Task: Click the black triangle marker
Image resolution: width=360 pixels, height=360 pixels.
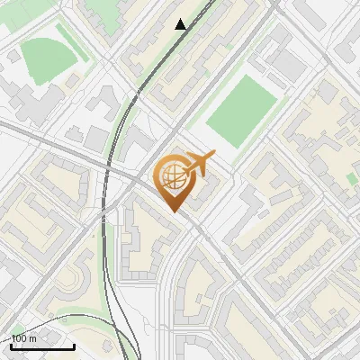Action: click(x=181, y=24)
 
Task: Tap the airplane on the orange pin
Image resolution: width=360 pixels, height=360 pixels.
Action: click(x=199, y=164)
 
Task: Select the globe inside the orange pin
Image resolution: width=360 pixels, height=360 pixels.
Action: click(x=173, y=177)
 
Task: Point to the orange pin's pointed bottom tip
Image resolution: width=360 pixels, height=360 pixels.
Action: click(x=173, y=212)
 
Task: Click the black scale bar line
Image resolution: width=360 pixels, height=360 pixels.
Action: click(x=42, y=346)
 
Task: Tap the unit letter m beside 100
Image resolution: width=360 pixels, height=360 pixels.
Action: click(x=33, y=338)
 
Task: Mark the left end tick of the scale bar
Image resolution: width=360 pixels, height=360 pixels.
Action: click(x=11, y=345)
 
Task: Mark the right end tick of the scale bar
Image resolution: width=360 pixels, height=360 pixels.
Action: click(x=74, y=345)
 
